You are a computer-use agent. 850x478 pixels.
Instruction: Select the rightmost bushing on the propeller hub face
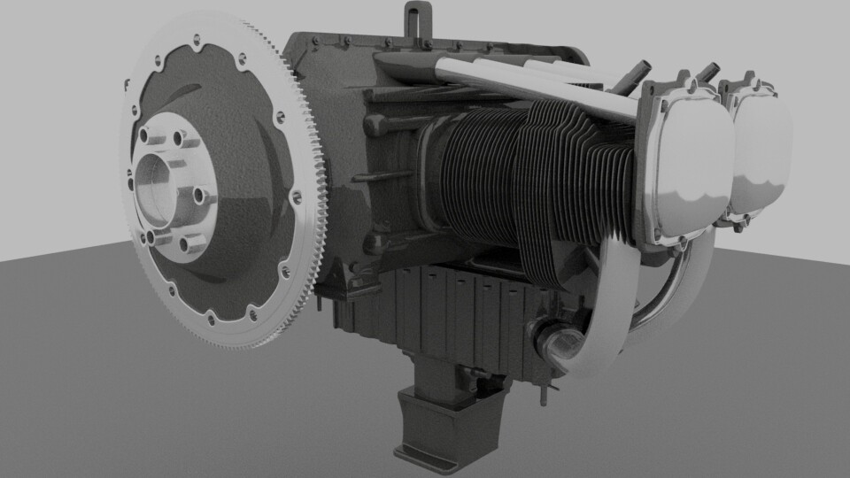click(x=201, y=197)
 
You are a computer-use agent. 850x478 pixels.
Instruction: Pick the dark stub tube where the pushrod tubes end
click(x=637, y=75)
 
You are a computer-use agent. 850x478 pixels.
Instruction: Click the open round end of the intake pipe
click(x=551, y=341)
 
